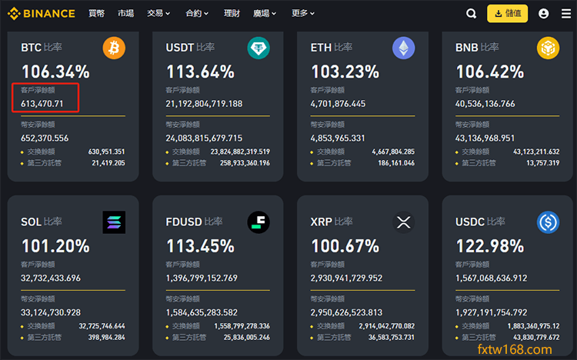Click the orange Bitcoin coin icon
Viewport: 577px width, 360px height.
point(114,49)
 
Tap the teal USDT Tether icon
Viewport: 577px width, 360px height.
point(258,49)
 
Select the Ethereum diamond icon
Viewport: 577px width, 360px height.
point(403,49)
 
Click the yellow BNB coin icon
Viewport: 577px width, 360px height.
point(548,49)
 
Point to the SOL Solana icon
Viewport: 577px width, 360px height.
point(114,222)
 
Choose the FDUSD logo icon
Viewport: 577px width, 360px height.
point(258,222)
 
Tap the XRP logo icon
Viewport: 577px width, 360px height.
point(403,222)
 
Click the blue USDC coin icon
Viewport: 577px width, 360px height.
point(548,222)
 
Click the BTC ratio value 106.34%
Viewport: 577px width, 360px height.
point(55,72)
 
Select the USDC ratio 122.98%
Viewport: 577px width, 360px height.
point(489,246)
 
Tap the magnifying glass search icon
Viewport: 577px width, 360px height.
point(472,13)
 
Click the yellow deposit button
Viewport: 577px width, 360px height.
point(508,13)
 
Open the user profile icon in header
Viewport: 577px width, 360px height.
point(544,13)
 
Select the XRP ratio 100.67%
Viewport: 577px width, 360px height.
point(345,246)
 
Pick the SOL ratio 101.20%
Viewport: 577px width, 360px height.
point(55,246)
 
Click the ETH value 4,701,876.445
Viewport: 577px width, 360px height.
point(338,104)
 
